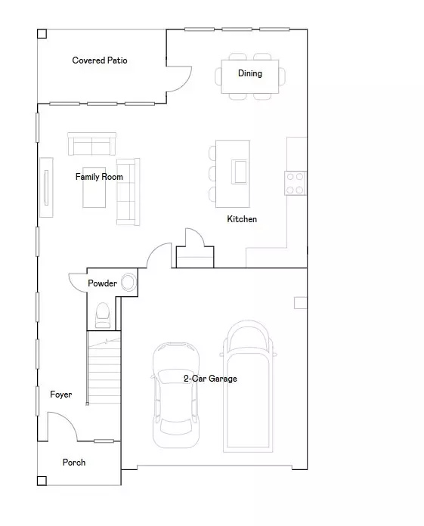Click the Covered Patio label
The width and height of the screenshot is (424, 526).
point(100,60)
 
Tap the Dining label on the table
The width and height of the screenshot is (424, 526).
point(250,73)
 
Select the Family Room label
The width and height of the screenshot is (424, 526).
point(99,177)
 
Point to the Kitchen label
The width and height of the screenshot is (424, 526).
point(242,219)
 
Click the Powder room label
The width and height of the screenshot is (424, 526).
point(102,283)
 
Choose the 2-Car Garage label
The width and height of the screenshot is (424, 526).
point(210,379)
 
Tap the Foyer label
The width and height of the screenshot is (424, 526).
point(61,394)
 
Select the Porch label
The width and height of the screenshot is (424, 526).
point(74,463)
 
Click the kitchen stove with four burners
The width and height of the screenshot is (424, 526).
point(296,184)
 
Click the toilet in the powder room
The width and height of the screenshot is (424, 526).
point(104,314)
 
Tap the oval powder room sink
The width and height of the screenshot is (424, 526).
point(129,283)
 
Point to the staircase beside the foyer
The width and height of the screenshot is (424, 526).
point(104,367)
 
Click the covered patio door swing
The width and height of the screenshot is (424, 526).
point(176,76)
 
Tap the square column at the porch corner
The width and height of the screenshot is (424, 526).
point(42,480)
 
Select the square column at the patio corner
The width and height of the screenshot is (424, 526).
point(42,34)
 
